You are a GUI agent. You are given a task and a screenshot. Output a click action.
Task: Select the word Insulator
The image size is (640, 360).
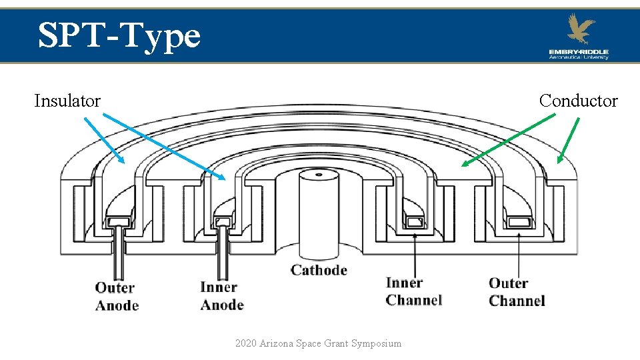point(67,101)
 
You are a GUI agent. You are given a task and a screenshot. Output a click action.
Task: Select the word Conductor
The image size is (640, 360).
point(578,101)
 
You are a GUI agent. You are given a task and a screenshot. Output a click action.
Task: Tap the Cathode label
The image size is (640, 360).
point(319,270)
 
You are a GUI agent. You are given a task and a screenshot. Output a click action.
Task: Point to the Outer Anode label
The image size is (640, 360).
point(117,297)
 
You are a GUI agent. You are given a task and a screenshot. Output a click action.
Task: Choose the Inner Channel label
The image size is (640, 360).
point(413,291)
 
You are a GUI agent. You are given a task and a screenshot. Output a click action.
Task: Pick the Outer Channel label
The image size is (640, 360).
point(517,292)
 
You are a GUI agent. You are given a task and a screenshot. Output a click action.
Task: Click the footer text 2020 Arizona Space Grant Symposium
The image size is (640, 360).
point(318,343)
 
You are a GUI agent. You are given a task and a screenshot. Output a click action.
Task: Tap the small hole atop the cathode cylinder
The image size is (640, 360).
point(319,175)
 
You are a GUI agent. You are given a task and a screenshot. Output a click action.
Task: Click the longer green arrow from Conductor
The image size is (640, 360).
point(508,139)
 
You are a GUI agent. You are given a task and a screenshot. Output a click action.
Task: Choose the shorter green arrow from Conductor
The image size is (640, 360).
point(569,140)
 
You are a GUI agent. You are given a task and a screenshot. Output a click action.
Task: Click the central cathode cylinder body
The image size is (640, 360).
point(319,213)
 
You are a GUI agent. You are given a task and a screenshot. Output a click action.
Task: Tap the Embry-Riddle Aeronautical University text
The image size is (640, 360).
point(579,54)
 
